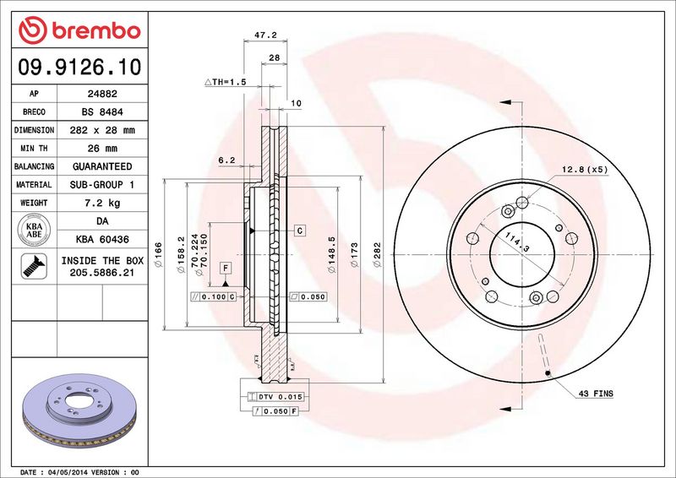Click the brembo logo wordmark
pos(96,31)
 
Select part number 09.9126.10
pos(79,67)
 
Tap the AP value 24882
pos(102,94)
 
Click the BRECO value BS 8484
pos(102,112)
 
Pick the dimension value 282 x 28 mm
pos(102,130)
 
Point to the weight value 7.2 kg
pos(102,203)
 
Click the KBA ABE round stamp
pos(34,230)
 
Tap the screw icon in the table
pos(34,266)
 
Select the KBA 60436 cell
pos(102,239)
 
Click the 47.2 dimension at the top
pos(265,35)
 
